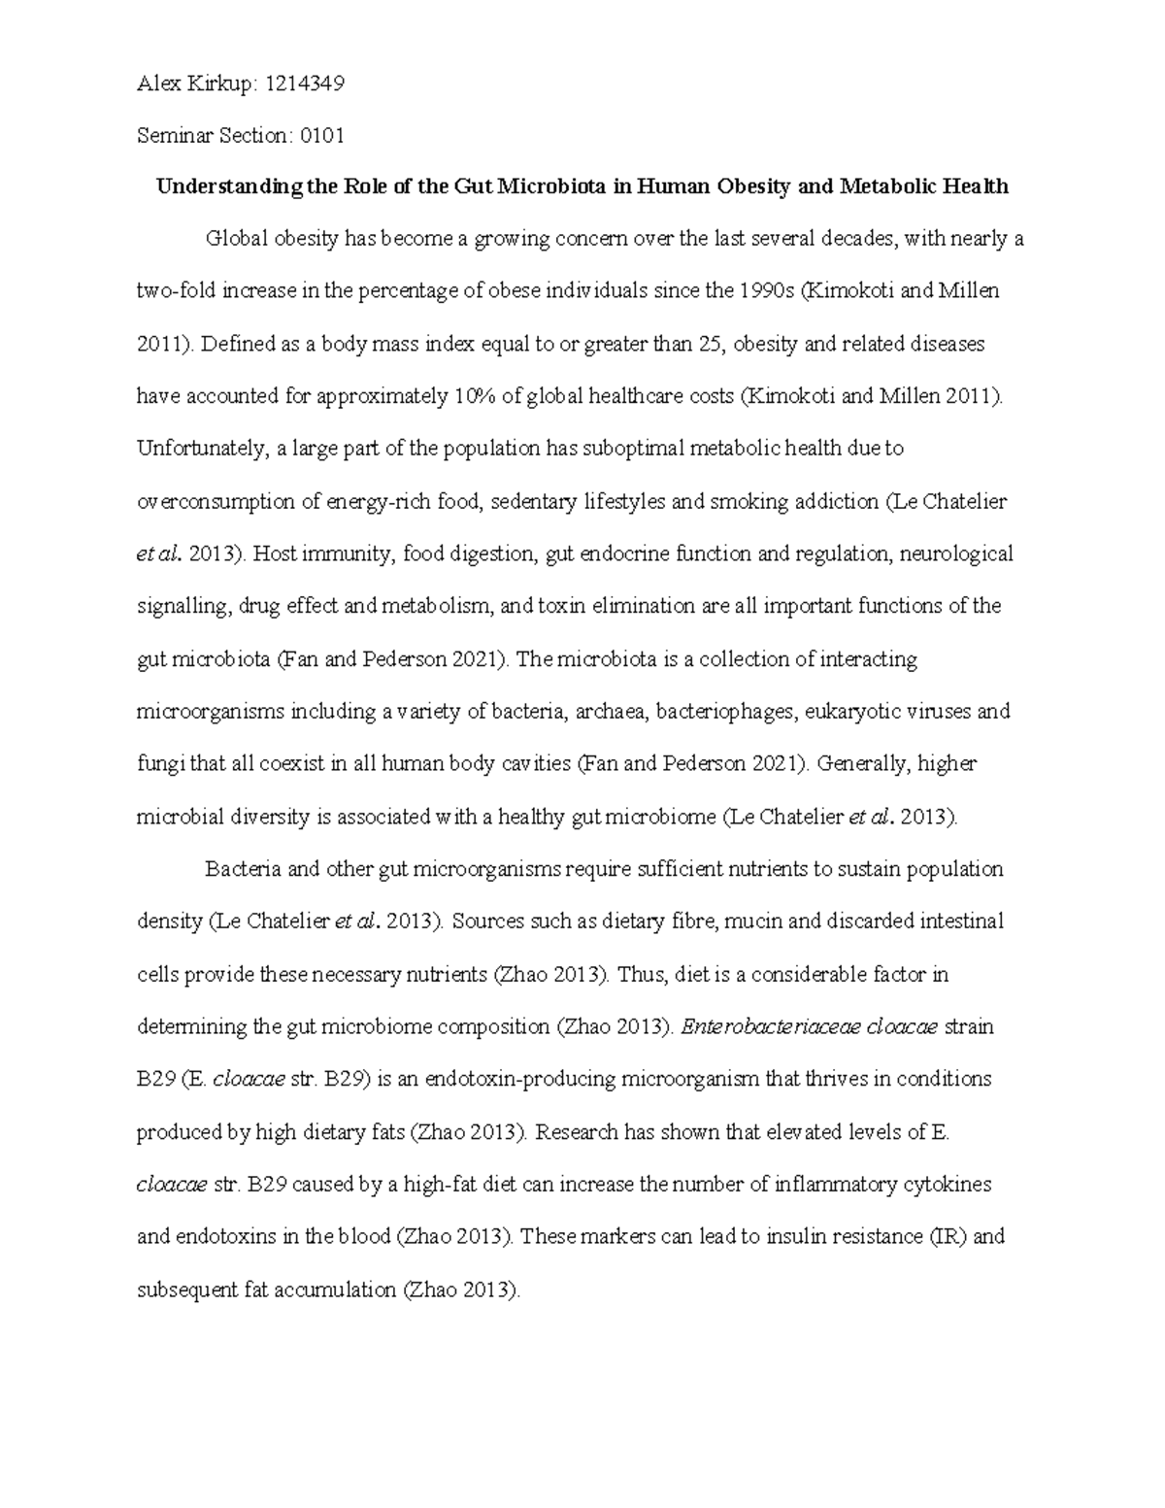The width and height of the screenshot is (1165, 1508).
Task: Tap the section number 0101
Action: pos(321,136)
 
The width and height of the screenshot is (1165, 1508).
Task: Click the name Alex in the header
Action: pos(156,84)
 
